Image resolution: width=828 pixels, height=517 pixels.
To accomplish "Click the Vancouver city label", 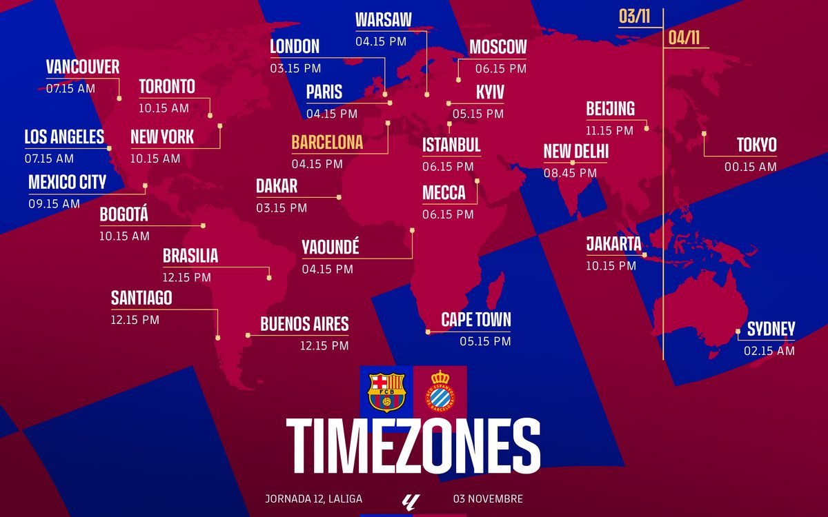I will (83, 67).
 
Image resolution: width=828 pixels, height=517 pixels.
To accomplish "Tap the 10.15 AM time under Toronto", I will (164, 108).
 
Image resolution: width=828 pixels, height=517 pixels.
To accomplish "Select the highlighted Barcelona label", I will (327, 143).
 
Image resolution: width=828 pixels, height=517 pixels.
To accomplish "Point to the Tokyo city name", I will (756, 145).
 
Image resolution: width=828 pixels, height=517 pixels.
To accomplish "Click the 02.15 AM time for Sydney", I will (769, 351).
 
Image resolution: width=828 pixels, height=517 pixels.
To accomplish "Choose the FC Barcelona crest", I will (387, 392).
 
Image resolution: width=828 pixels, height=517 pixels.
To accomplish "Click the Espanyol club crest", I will (440, 392).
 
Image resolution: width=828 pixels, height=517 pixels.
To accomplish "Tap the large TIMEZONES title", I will (413, 445).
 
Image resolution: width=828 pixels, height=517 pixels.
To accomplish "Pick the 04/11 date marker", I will (684, 38).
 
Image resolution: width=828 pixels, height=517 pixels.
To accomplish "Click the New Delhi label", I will (576, 152).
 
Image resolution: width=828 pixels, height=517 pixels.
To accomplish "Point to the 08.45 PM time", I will (570, 174).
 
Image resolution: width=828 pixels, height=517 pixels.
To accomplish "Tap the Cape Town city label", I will (476, 319).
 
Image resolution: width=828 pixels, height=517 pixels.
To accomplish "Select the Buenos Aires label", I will (304, 323).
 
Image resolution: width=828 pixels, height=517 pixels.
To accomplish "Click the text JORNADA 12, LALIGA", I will (313, 498).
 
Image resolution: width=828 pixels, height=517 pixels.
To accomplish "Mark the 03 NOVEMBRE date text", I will (488, 498).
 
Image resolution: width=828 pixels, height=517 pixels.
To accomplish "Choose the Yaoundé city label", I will (331, 247).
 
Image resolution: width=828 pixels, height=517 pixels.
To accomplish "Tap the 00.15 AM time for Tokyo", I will (750, 167).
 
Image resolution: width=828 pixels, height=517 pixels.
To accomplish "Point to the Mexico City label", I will (67, 182).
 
